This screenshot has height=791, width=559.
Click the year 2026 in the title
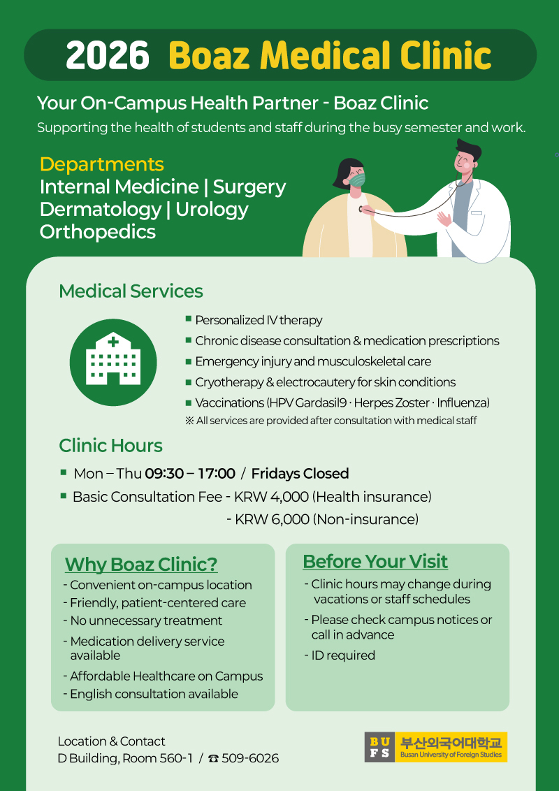[x=108, y=55]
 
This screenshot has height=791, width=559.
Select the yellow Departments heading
[x=102, y=164]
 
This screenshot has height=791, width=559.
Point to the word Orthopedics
[x=98, y=231]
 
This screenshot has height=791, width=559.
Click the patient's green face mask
[x=357, y=179]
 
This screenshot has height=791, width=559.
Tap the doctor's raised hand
[x=444, y=219]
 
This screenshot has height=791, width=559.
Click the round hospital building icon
[x=113, y=362]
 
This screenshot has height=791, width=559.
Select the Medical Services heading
[x=131, y=291]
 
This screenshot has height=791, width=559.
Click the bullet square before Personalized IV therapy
[x=189, y=319]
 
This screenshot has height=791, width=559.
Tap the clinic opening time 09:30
[x=165, y=474]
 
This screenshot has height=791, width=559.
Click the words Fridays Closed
[x=300, y=474]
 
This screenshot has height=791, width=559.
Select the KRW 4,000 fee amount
[x=271, y=497]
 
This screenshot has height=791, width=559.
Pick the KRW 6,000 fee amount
[x=272, y=519]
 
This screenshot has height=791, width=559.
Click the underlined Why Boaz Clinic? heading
[x=141, y=565]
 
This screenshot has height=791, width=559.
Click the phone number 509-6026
[x=250, y=758]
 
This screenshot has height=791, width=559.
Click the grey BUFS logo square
[x=379, y=747]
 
